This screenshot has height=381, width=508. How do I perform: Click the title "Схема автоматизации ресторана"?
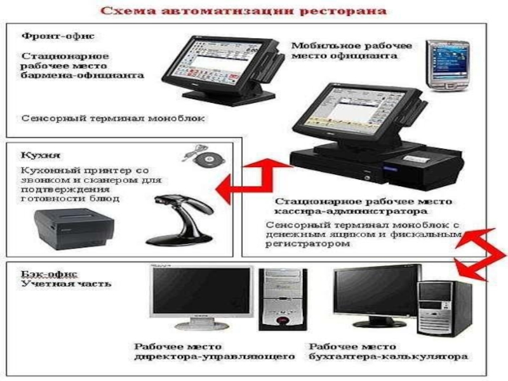coord(243,11)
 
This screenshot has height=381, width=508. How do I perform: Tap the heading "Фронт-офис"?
coord(58,36)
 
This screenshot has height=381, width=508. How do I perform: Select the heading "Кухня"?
coord(41,155)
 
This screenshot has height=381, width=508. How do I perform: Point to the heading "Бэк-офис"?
coord(50,274)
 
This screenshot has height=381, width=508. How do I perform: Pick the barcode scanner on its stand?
coord(180,220)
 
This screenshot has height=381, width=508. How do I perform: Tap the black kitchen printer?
coord(74,229)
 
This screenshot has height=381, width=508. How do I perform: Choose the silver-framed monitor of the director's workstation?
coord(201,297)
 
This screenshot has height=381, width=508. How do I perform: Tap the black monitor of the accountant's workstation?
coord(377,297)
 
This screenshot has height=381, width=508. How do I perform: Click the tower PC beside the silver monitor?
coord(283,299)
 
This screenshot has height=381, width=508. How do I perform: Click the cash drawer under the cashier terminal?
coord(337,165)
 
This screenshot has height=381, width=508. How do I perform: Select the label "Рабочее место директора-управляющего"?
coord(215,352)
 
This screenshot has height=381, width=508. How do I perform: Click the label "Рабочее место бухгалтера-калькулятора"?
coord(388,352)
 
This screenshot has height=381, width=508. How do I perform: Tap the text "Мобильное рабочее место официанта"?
coord(352,51)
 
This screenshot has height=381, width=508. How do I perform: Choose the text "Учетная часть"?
coord(66,284)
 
